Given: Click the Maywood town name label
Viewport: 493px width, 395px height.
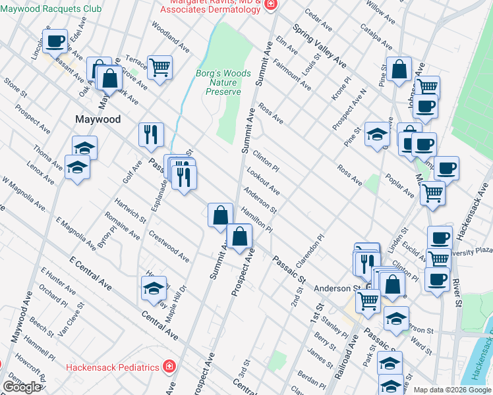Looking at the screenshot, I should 98,120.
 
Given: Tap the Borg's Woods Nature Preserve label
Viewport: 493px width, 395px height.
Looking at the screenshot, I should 223,82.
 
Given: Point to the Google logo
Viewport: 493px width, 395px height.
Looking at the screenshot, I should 21,387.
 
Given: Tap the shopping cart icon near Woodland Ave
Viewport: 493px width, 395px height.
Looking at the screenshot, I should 159,66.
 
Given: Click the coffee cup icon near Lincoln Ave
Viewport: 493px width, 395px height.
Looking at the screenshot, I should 55,41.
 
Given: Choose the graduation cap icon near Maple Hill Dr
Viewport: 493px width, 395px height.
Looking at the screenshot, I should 153,288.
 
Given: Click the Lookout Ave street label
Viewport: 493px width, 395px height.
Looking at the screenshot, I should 263,181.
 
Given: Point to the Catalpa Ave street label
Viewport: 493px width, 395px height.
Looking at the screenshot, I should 376,37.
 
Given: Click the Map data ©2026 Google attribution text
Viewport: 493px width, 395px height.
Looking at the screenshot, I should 452,390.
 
